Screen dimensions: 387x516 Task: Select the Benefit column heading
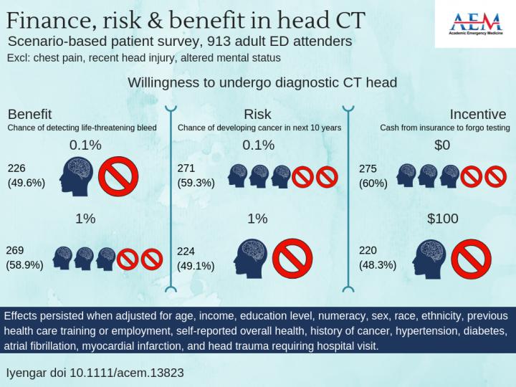[29, 115]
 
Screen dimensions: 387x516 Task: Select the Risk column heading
[257, 115]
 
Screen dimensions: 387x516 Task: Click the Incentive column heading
[478, 115]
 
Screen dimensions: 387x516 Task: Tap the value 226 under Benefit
[16, 168]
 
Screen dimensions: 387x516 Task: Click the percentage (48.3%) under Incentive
[377, 264]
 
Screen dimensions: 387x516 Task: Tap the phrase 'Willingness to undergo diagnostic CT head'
[262, 82]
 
